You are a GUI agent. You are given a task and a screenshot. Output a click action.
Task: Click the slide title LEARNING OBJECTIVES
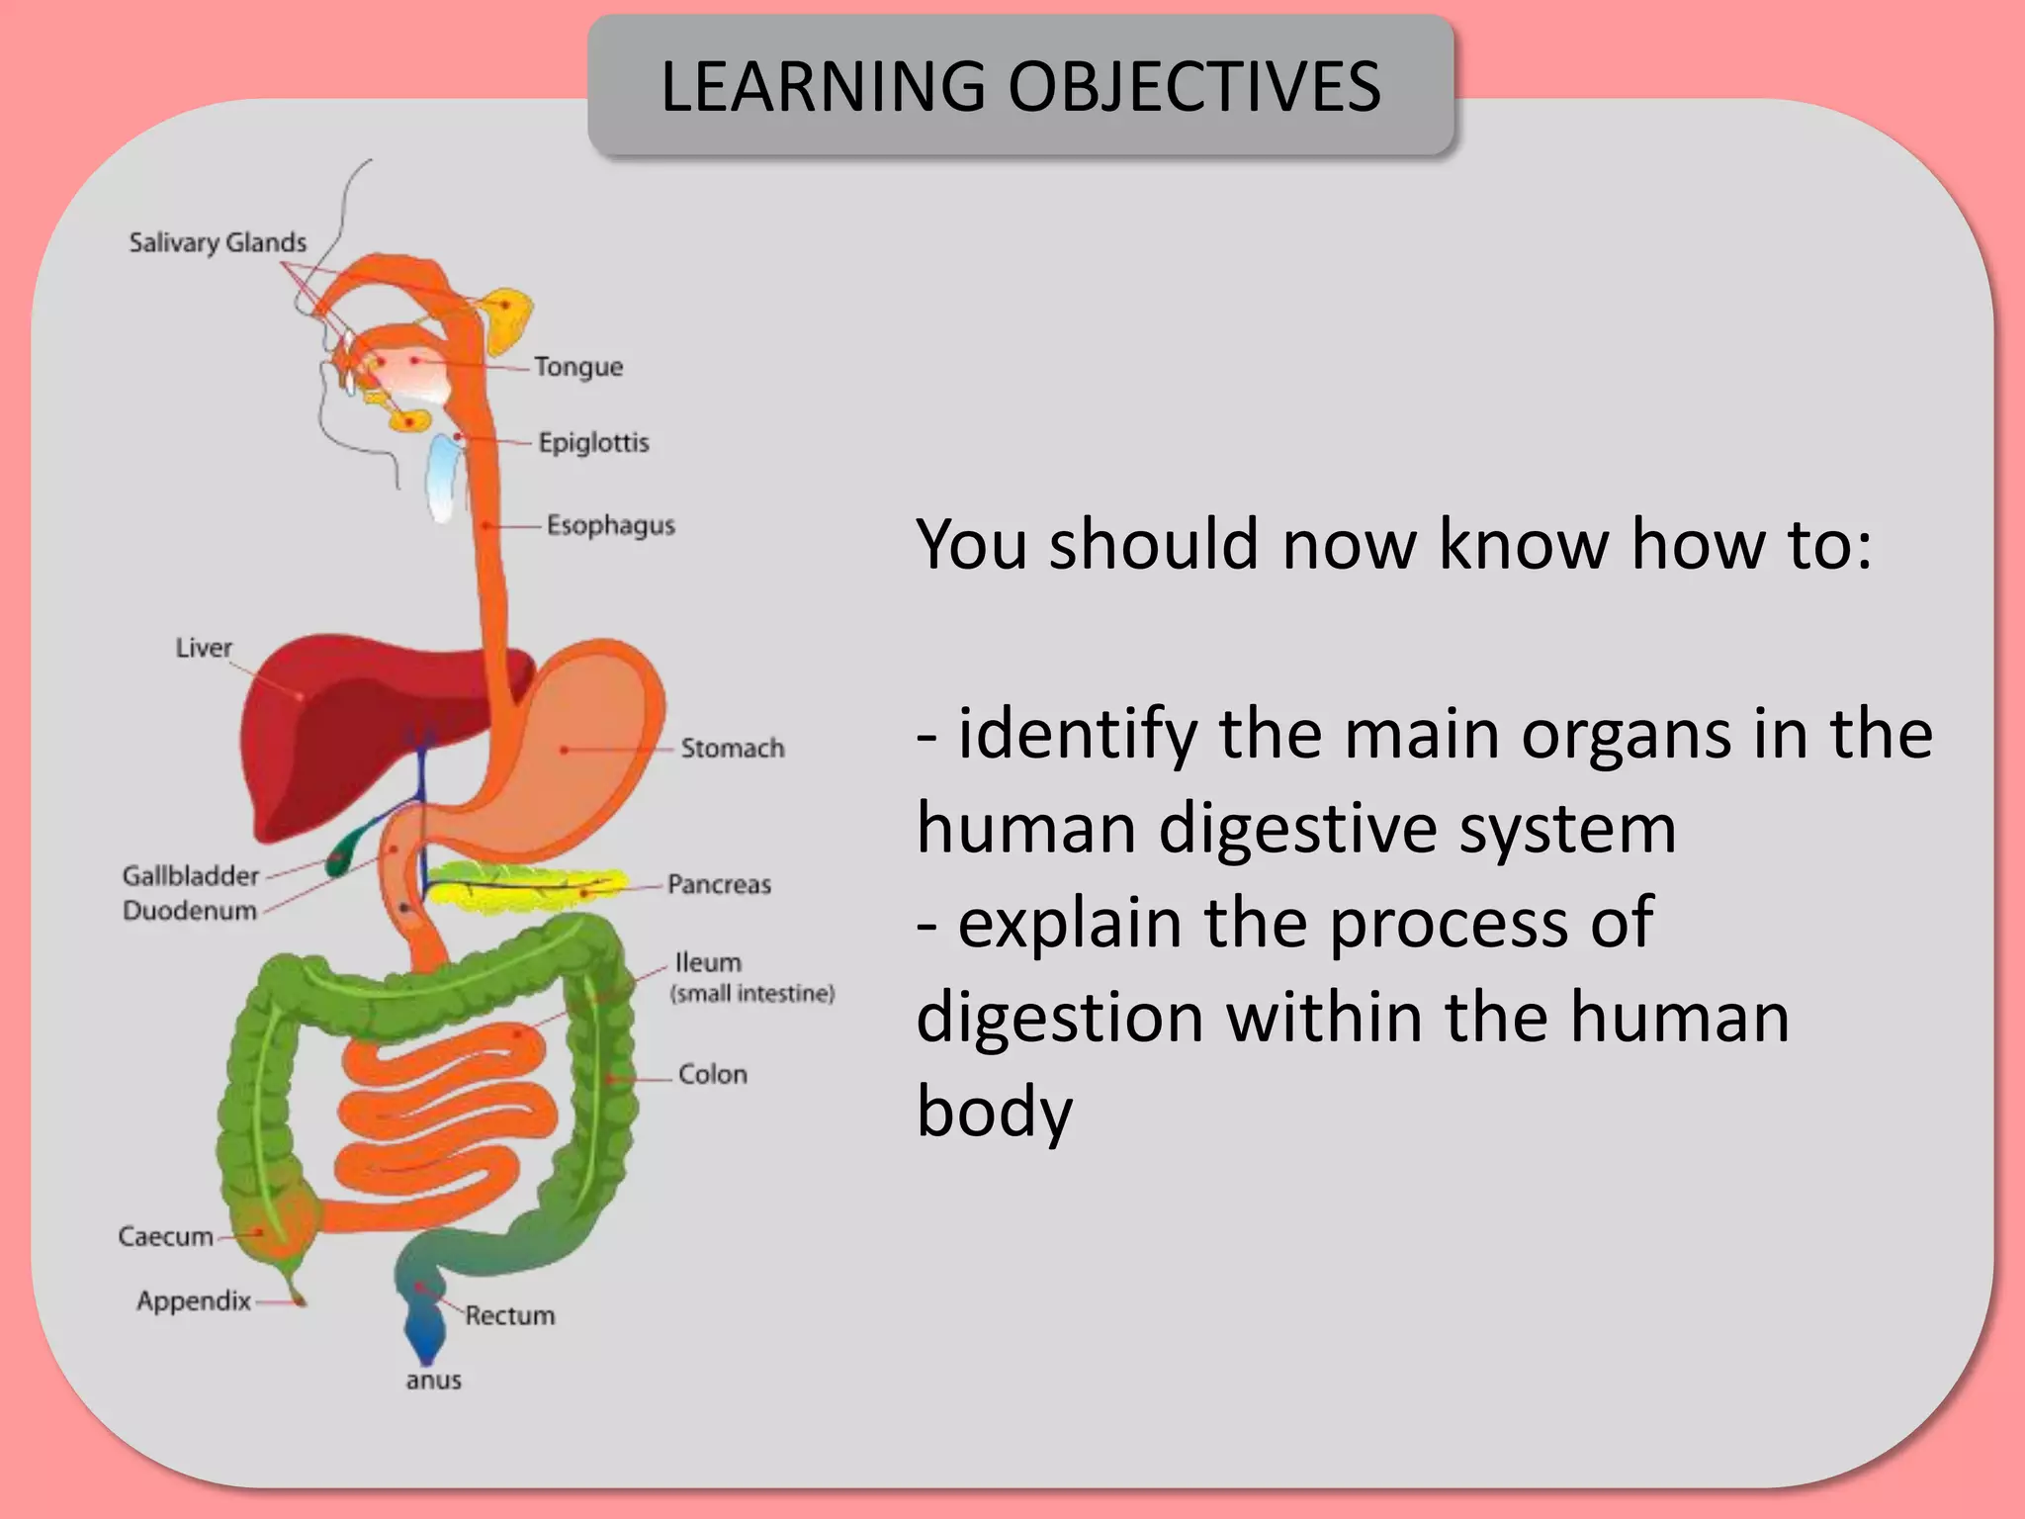click(x=1020, y=86)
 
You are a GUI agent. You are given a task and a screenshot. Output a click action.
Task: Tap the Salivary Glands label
click(x=218, y=242)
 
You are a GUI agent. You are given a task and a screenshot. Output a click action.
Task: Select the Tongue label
click(x=578, y=367)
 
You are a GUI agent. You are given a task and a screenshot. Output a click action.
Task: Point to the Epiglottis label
click(x=593, y=442)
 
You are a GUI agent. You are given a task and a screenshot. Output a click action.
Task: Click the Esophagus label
click(x=610, y=525)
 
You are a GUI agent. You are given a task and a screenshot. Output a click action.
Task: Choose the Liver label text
click(x=204, y=648)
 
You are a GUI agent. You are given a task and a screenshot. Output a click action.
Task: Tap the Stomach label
click(x=732, y=749)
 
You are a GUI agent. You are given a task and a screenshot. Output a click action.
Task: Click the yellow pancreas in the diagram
click(x=524, y=883)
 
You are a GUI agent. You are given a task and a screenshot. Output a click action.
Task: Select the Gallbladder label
click(x=190, y=876)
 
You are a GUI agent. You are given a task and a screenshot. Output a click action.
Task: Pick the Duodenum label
click(x=189, y=911)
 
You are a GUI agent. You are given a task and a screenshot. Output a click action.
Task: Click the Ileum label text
click(x=708, y=963)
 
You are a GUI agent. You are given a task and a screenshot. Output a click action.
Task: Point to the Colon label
click(x=712, y=1074)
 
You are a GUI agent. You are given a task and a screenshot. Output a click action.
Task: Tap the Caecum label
click(x=165, y=1237)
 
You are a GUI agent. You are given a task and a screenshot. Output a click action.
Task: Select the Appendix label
click(x=194, y=1300)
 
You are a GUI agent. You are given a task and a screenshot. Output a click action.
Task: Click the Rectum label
click(x=510, y=1316)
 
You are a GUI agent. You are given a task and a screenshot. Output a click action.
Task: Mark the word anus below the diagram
click(x=433, y=1381)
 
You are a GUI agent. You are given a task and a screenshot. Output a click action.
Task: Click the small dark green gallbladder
click(x=340, y=854)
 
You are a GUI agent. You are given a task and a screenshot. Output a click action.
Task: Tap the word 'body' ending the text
click(x=994, y=1113)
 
